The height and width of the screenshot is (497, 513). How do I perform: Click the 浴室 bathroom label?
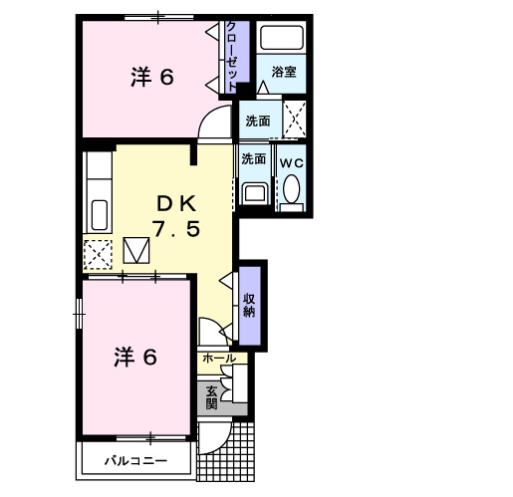[x=284, y=72]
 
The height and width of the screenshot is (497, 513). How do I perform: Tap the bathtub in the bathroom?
[x=282, y=38]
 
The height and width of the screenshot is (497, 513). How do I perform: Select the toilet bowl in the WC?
[x=292, y=189]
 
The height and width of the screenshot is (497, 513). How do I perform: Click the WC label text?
[x=292, y=163]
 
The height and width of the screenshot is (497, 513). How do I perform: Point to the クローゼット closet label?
[x=232, y=57]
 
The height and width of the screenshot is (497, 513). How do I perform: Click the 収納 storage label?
[x=249, y=306]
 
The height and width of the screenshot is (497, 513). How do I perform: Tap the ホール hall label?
[x=219, y=359]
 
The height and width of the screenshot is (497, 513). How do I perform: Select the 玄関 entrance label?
[x=211, y=397]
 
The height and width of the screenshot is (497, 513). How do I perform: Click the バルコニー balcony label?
[x=135, y=461]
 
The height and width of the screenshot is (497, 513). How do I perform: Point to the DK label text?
[x=176, y=203]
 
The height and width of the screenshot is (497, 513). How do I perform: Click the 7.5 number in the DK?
[x=176, y=228]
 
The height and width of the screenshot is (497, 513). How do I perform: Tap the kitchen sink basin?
[x=100, y=215]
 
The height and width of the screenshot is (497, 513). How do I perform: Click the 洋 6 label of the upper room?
[x=152, y=77]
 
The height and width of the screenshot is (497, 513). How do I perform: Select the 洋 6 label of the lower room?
[x=135, y=357]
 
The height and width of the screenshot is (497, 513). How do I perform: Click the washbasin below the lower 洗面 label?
[x=255, y=193]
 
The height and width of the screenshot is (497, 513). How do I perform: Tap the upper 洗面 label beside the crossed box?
[x=258, y=122]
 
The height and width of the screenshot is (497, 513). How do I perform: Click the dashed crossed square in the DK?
[x=98, y=255]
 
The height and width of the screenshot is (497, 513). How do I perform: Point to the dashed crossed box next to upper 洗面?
[x=294, y=119]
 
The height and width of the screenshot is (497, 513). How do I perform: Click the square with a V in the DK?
[x=136, y=250]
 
